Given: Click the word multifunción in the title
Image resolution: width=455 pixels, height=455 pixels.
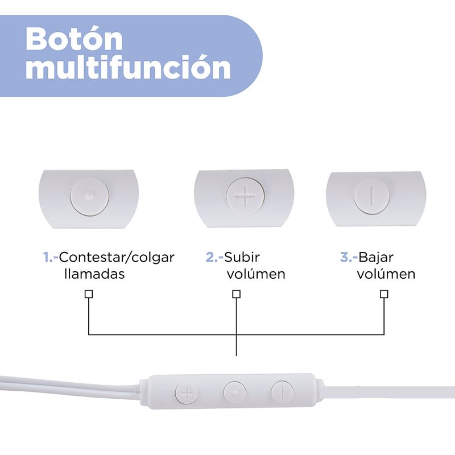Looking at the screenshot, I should pos(128,68).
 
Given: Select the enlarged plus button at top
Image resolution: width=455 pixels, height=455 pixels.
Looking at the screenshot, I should pos(245,196).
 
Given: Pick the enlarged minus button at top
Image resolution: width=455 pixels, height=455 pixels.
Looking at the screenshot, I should pos(371,196).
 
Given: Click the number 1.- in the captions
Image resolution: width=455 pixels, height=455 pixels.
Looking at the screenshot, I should pos(51,257).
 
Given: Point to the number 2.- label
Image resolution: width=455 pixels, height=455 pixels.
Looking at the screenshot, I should pos(214,257).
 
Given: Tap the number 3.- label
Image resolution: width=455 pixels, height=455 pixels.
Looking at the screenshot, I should pos(349,257).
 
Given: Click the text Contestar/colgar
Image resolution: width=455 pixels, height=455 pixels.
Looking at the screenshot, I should pos(117,258).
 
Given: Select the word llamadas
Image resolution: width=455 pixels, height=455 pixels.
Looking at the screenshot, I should pos(94,274).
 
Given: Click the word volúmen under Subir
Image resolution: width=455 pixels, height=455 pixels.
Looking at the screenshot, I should pos(256,274).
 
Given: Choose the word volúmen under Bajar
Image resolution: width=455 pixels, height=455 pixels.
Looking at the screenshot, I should pos(386,274).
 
